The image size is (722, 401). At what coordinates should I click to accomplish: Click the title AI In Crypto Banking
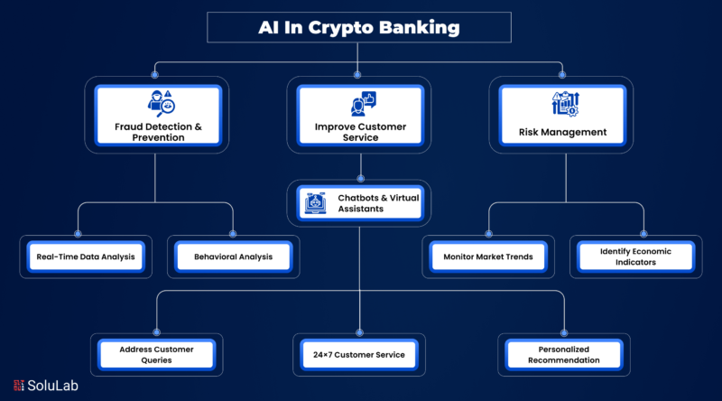pos(359,28)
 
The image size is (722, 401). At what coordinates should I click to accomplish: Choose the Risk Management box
pos(562,115)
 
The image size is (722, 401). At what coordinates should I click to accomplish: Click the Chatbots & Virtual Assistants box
pos(360,202)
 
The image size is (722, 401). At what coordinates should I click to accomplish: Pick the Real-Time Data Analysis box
pos(86,256)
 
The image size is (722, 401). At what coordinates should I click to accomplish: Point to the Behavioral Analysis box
pos(233,256)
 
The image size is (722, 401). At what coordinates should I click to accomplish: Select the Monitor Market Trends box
pos(487,256)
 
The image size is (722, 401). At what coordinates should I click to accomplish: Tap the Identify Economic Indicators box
pos(634,256)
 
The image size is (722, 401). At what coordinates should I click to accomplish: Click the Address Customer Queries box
pos(158,354)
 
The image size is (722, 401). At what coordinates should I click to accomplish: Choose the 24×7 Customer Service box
pos(359,354)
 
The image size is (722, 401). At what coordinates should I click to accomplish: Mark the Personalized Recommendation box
pos(564,354)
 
